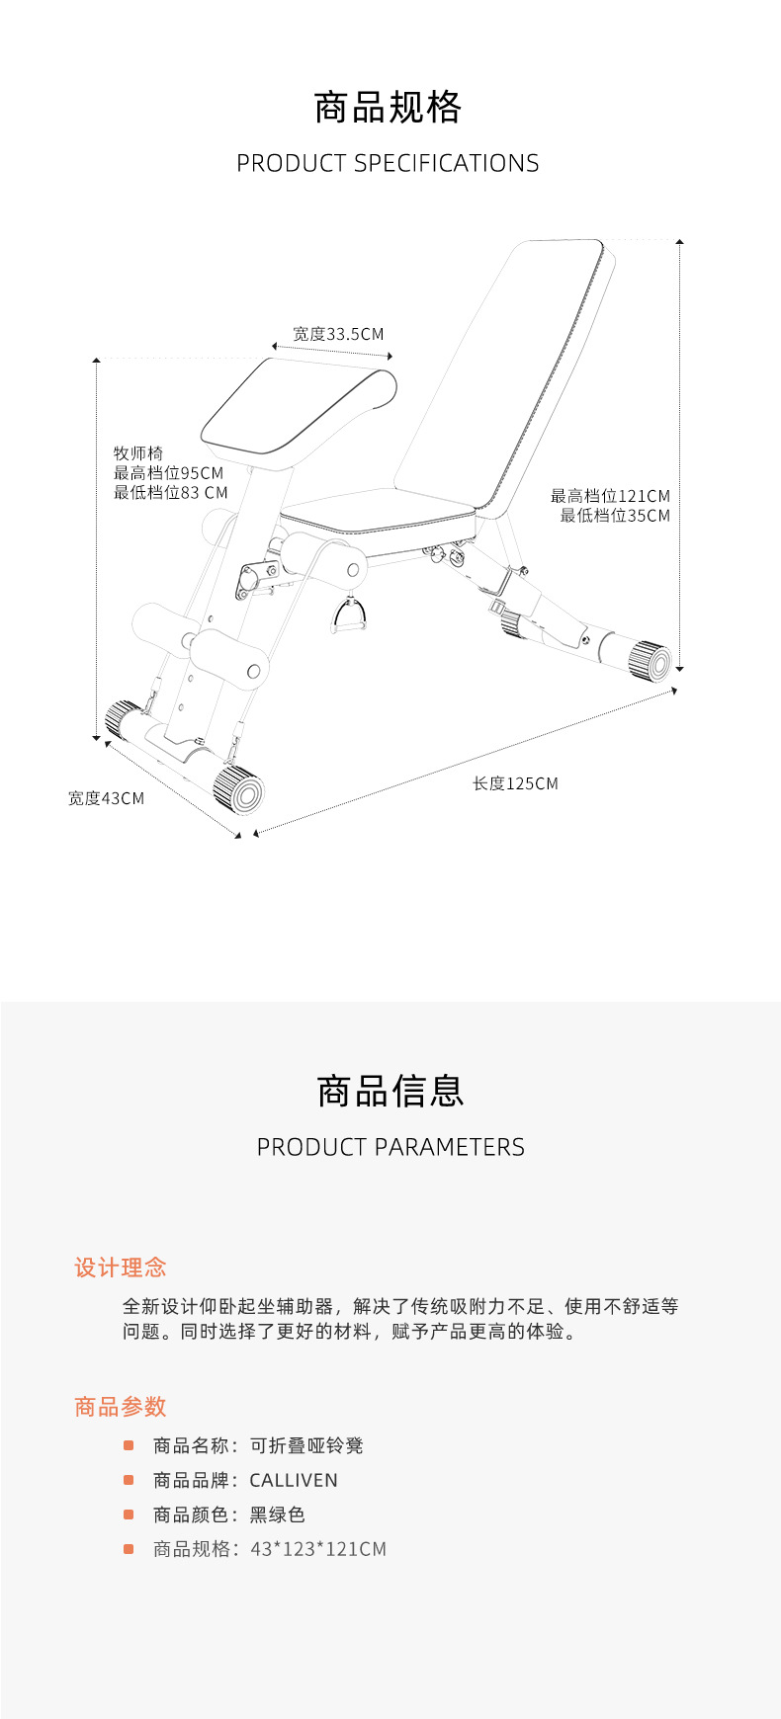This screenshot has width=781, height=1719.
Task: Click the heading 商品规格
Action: tap(388, 108)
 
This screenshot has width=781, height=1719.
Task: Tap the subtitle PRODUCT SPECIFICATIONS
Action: tap(388, 163)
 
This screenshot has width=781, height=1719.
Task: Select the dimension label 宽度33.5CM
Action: tap(338, 335)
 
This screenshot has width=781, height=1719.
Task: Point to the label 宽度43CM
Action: tap(106, 798)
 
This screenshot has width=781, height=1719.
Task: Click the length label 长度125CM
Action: tap(515, 783)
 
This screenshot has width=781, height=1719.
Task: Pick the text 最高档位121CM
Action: tap(610, 496)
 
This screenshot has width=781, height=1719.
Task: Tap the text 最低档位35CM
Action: tap(615, 516)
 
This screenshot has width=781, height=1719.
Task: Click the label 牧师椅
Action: tap(138, 453)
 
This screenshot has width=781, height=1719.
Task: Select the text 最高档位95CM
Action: tap(168, 473)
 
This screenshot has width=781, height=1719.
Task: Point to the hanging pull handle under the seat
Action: tap(349, 617)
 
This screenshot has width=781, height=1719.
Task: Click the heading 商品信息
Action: tap(390, 1092)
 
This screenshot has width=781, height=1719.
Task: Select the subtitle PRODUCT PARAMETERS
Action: tap(390, 1147)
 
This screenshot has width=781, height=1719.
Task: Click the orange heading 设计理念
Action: tap(121, 1268)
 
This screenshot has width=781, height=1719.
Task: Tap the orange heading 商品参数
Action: tap(121, 1407)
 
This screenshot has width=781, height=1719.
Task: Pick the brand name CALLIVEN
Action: tap(294, 1480)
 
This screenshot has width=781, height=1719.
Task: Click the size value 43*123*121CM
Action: tap(318, 1549)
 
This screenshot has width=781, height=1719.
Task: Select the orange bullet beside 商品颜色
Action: tap(129, 1514)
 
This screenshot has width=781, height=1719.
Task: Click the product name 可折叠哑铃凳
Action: tap(306, 1446)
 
